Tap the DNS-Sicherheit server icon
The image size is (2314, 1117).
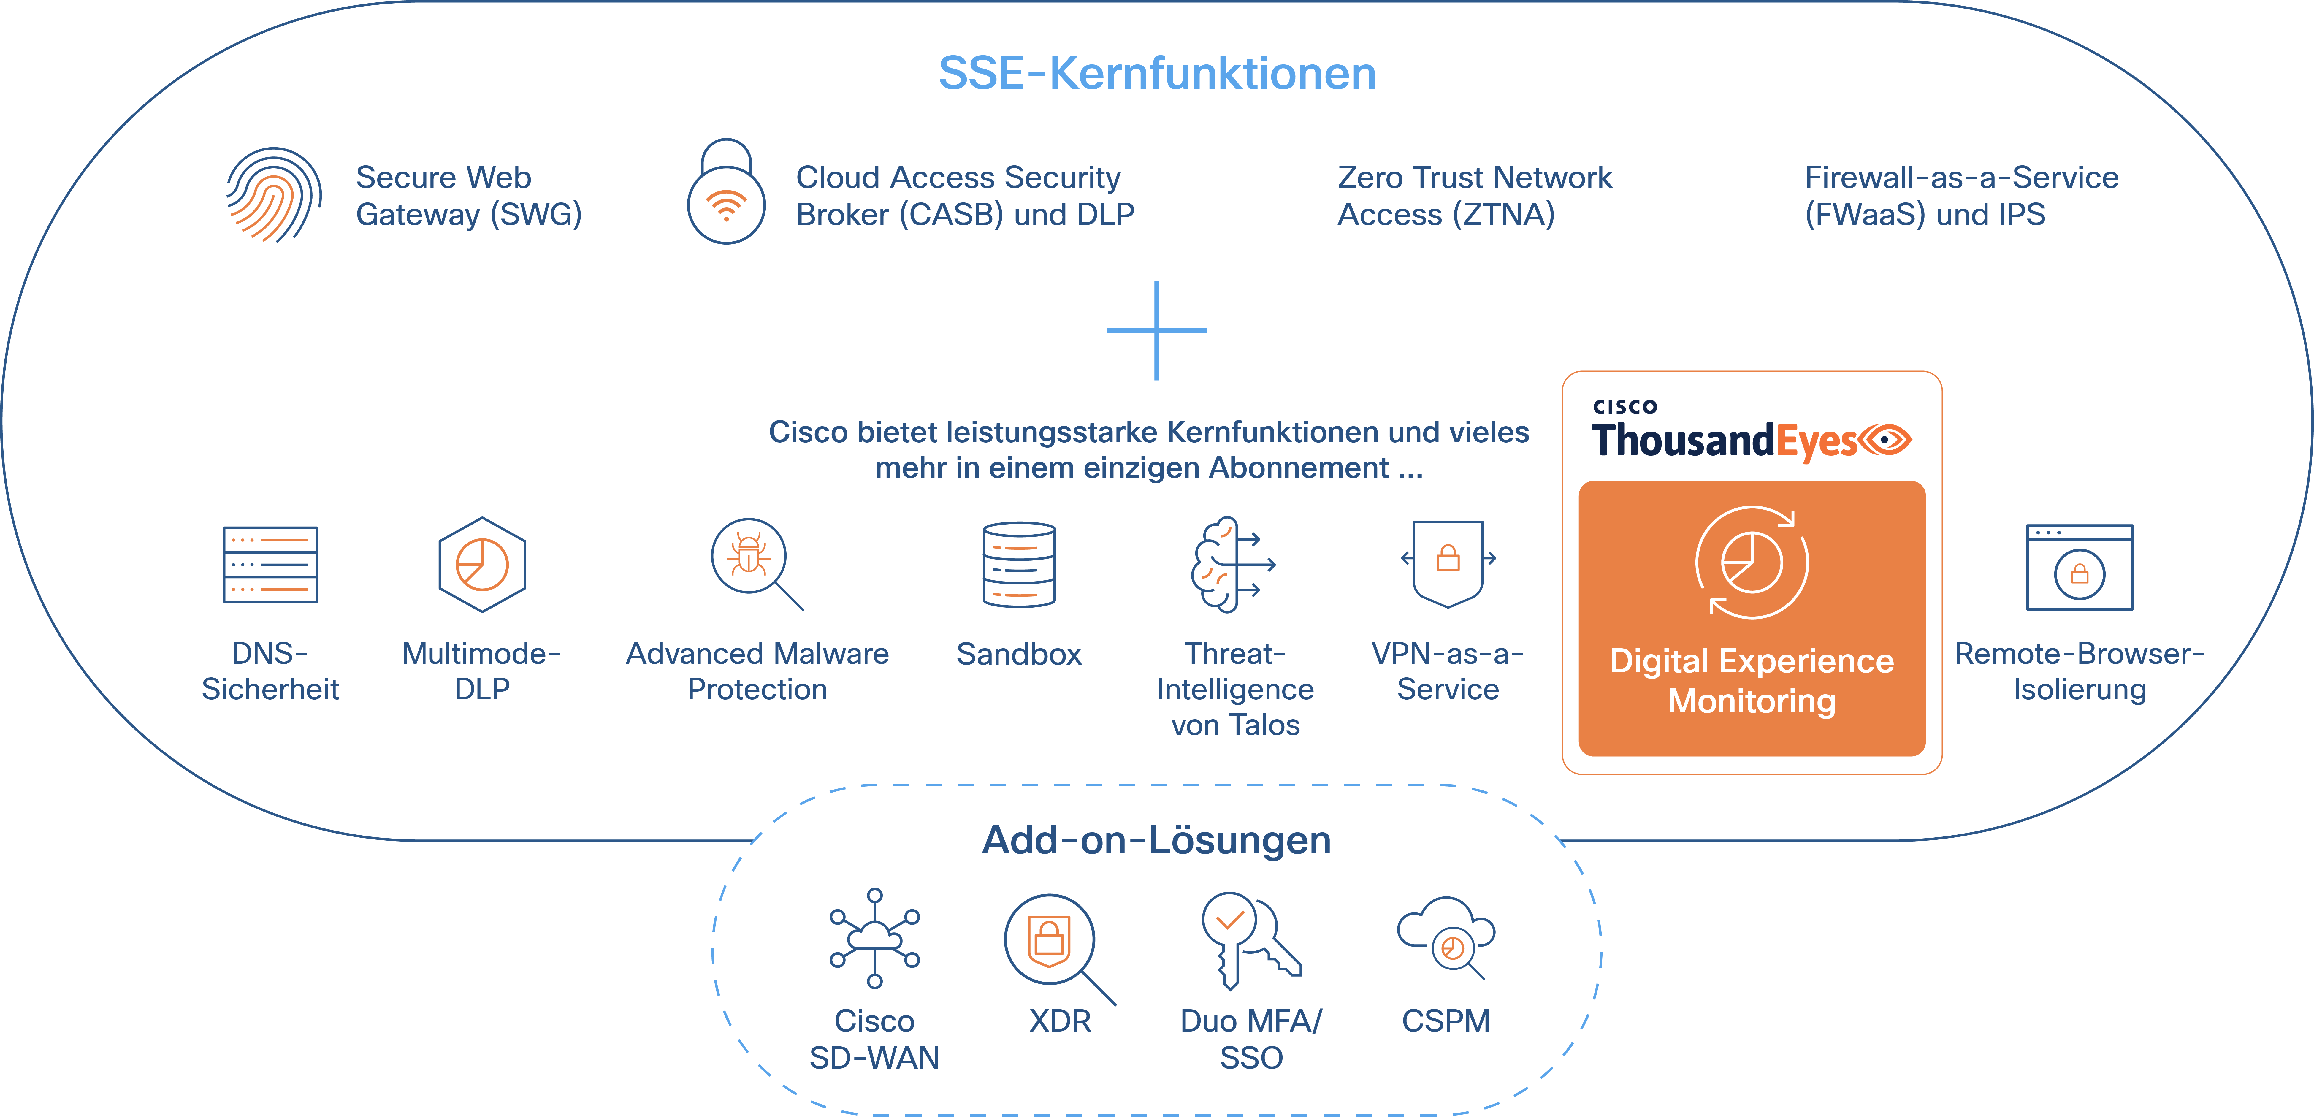270,564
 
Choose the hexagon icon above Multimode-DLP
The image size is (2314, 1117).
482,564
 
